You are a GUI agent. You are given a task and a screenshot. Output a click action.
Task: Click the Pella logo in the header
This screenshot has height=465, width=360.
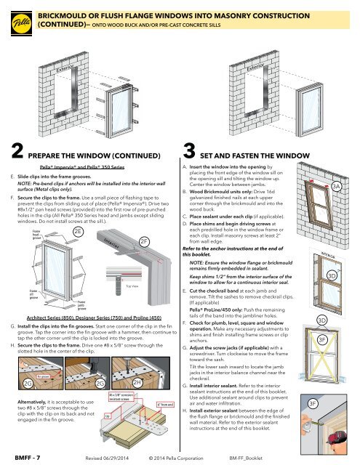16,17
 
